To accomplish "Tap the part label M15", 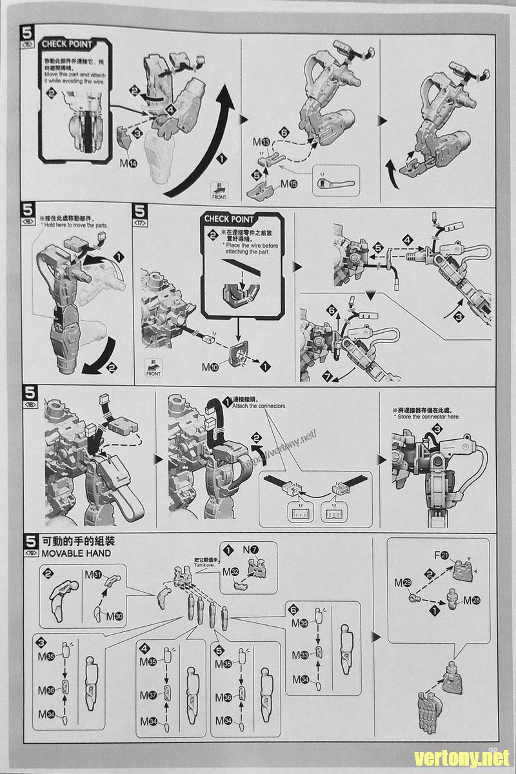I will [289, 184].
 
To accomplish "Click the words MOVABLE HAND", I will [75, 553].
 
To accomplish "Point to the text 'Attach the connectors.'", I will [249, 406].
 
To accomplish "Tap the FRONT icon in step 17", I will [154, 369].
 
